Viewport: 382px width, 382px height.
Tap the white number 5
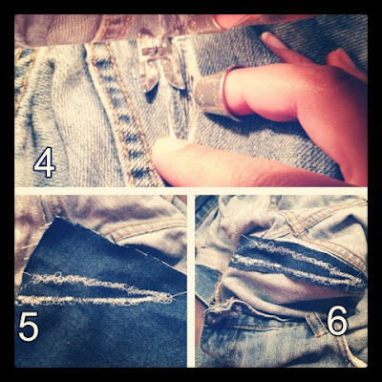(x=29, y=327)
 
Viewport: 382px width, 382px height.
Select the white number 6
(x=337, y=320)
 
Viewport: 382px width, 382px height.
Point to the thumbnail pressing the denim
(x=164, y=145)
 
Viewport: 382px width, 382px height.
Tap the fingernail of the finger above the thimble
(x=270, y=40)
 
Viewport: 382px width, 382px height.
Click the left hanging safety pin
(x=150, y=69)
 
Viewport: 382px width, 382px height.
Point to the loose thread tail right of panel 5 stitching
(x=179, y=295)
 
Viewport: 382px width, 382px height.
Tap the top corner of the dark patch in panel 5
(x=58, y=220)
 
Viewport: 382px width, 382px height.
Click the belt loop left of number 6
(x=315, y=323)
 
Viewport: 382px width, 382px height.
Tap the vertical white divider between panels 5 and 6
(x=191, y=280)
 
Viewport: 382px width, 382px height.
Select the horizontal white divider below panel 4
(x=191, y=190)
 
